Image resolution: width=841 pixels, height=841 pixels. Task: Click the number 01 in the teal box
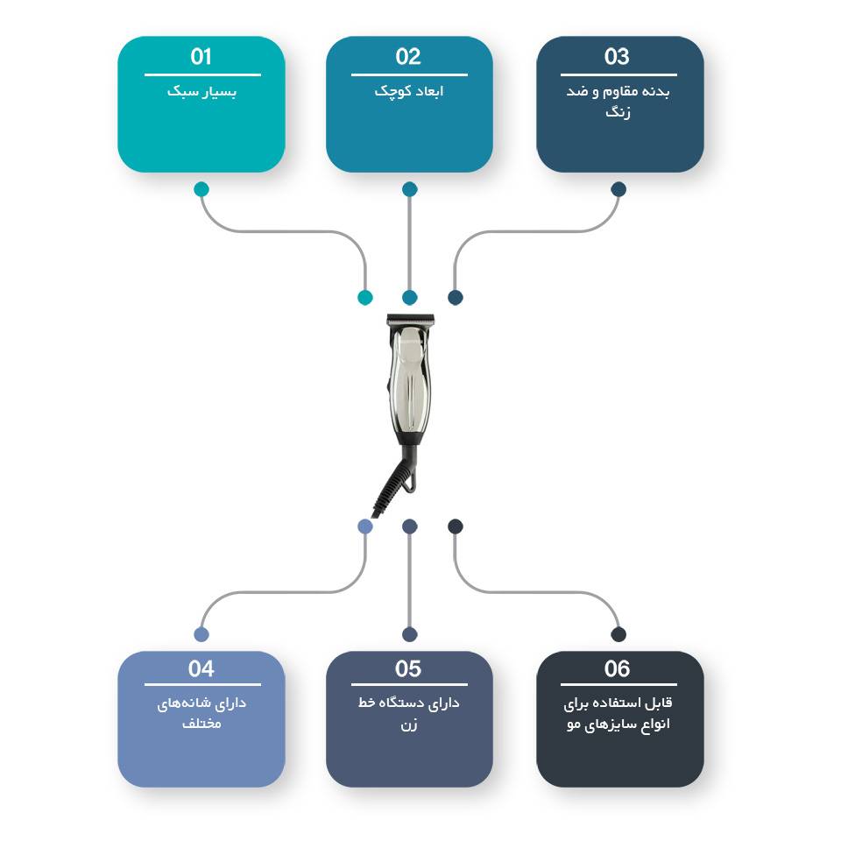click(201, 56)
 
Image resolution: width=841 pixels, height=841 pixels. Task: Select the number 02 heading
click(408, 56)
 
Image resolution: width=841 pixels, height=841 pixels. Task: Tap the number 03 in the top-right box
click(617, 56)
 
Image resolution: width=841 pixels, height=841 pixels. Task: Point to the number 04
click(201, 668)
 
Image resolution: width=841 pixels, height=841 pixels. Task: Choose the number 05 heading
click(408, 668)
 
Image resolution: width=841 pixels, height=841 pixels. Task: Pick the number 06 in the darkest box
click(617, 668)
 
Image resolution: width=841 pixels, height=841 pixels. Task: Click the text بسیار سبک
click(201, 92)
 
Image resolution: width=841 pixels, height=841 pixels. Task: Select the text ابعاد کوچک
click(409, 92)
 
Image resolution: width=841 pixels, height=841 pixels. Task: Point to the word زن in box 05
click(409, 725)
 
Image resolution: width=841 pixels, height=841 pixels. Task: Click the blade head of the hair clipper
click(410, 321)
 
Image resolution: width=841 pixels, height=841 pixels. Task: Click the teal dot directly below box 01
click(201, 189)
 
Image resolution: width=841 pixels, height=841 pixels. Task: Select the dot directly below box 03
click(618, 189)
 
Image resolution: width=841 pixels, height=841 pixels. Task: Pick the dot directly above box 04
click(201, 634)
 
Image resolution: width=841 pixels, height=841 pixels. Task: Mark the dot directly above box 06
click(618, 634)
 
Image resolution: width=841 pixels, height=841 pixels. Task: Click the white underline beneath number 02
click(409, 74)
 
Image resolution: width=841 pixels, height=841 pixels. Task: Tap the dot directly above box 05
click(410, 634)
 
